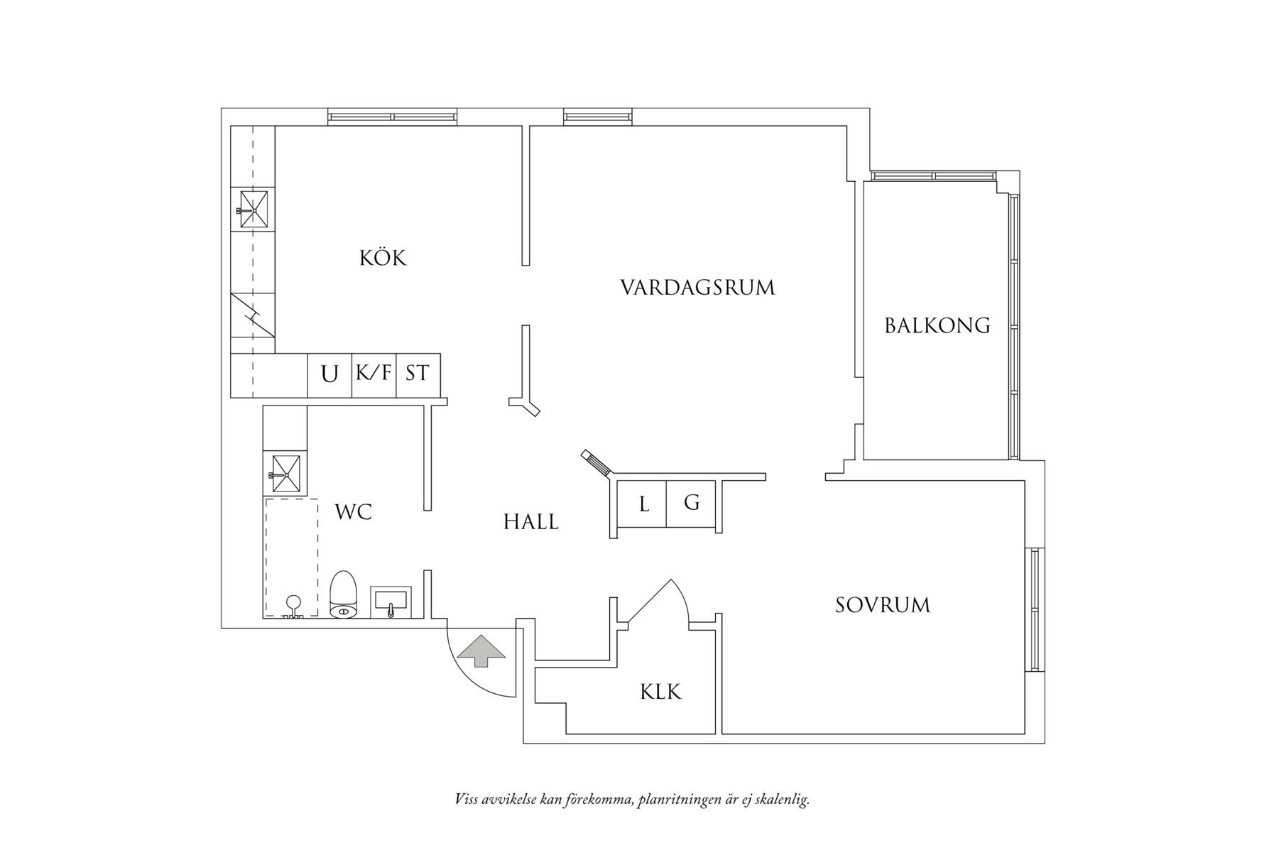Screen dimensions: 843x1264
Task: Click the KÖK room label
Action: coord(383,257)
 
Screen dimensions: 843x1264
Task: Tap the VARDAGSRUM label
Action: coord(697,288)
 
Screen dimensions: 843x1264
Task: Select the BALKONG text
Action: coord(937,325)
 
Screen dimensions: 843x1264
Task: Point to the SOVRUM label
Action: coord(882,605)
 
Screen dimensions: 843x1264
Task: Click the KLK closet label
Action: coord(660,692)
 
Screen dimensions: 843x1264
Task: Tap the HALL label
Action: coord(530,523)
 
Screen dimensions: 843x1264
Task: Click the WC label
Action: coord(353,511)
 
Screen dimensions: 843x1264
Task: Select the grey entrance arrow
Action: coord(481,650)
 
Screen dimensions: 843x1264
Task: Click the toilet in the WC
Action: coord(343,595)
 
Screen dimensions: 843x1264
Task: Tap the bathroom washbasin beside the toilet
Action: coord(390,601)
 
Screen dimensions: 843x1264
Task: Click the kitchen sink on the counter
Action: coord(253,209)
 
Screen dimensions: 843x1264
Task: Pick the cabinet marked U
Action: coord(329,374)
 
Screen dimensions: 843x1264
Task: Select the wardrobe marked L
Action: coord(643,504)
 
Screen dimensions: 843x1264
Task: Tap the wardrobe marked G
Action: coord(692,504)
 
